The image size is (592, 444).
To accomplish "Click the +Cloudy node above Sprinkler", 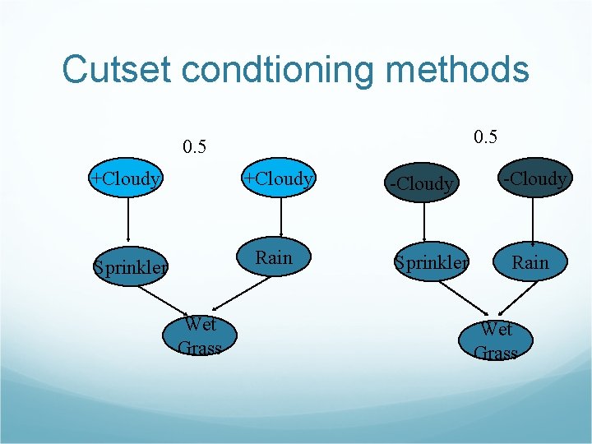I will coord(127,178).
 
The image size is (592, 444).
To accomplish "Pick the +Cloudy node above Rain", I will coord(280,178).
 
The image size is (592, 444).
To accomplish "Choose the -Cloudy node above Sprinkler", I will coord(421,183).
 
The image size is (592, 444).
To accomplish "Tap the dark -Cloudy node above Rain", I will coord(535,178).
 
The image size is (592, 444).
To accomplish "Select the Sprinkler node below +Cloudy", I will coord(131,266).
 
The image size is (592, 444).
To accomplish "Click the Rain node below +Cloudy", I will coord(274,258).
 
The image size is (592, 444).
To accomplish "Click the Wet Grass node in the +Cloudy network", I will coord(200,335).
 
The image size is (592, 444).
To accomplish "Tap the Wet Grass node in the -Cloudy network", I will coord(497,340).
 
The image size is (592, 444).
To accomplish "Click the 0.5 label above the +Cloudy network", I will coord(195,148).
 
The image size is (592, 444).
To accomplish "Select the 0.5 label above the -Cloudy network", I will coord(486,136).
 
